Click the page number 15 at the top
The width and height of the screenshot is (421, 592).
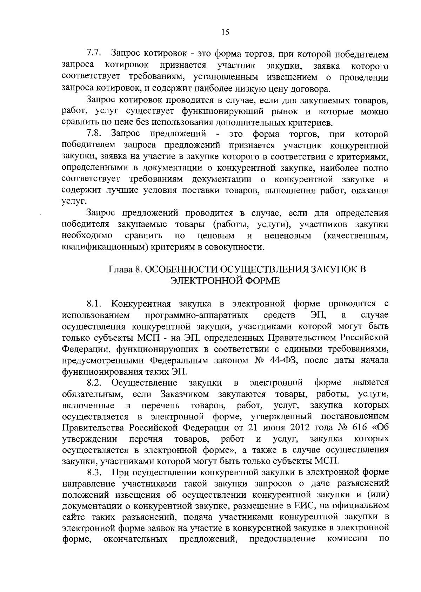[225, 33]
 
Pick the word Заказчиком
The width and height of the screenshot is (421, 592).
[185, 394]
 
